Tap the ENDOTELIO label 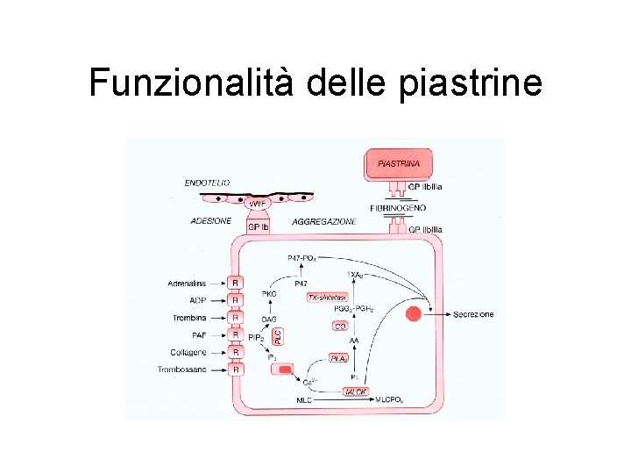tap(208, 183)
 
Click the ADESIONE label tap(211, 221)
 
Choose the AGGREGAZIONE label tap(324, 222)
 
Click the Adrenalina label tap(188, 283)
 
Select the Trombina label tap(189, 317)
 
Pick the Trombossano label tap(183, 370)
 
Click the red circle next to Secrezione tap(414, 313)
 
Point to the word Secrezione tap(473, 313)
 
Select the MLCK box tap(355, 392)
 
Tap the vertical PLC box tap(279, 336)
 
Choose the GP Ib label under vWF tap(259, 226)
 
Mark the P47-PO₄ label tap(303, 258)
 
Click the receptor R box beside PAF tap(236, 334)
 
